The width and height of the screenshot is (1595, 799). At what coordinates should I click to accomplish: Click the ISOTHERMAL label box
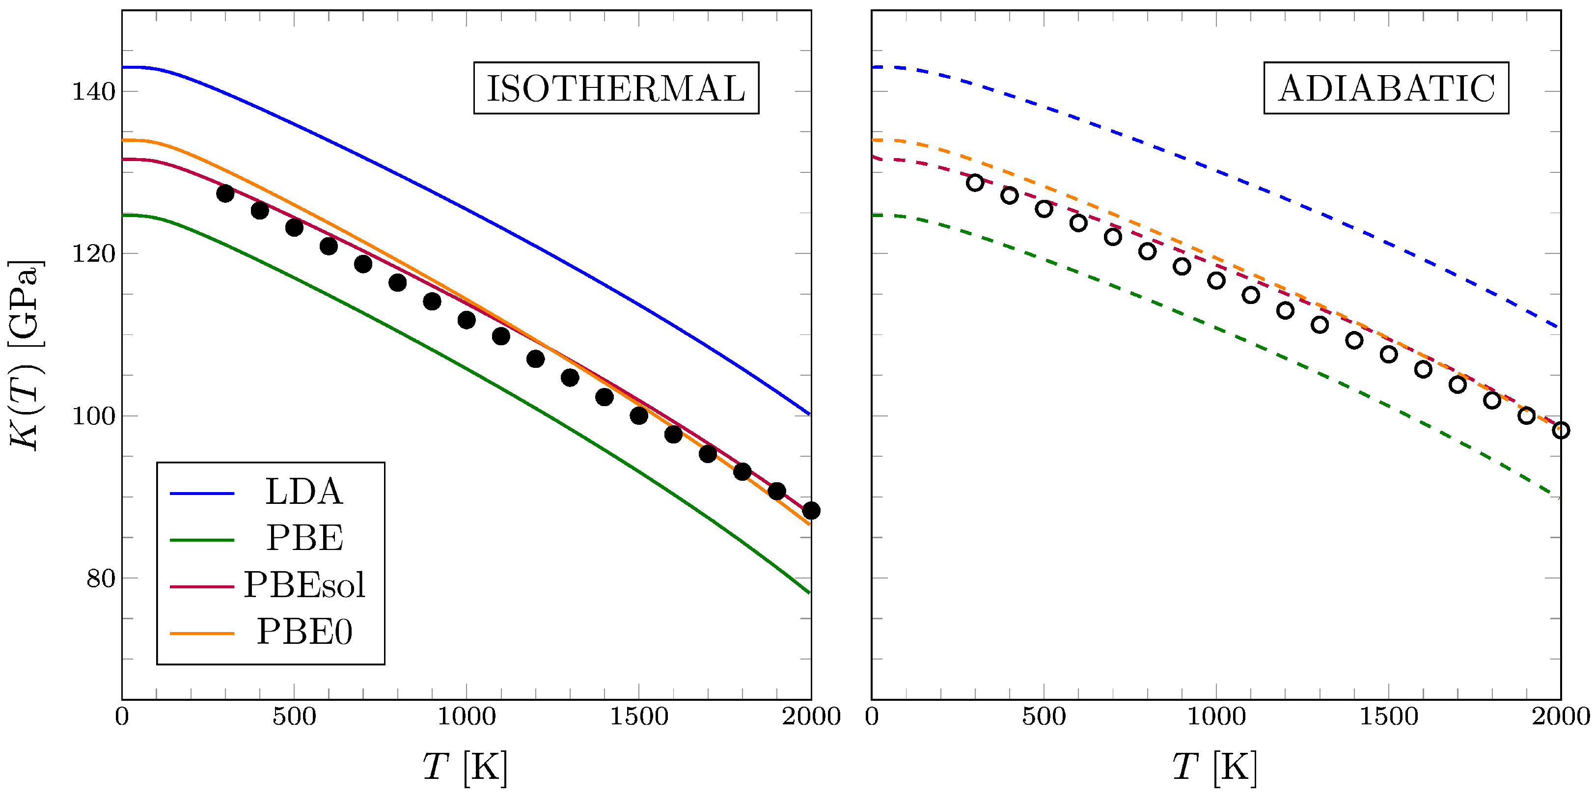click(616, 88)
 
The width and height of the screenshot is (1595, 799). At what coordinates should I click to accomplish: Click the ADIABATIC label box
click(1386, 88)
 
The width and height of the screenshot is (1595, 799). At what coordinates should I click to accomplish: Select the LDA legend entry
click(271, 493)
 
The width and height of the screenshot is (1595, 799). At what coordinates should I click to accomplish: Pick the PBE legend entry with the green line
click(271, 538)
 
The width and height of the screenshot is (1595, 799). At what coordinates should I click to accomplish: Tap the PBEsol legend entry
click(271, 585)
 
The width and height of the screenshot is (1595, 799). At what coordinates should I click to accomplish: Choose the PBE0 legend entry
click(271, 632)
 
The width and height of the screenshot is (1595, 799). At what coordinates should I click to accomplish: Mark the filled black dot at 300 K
click(225, 193)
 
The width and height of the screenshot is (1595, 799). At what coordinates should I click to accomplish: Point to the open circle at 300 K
click(975, 183)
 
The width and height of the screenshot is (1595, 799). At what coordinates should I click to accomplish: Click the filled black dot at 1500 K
click(639, 415)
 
